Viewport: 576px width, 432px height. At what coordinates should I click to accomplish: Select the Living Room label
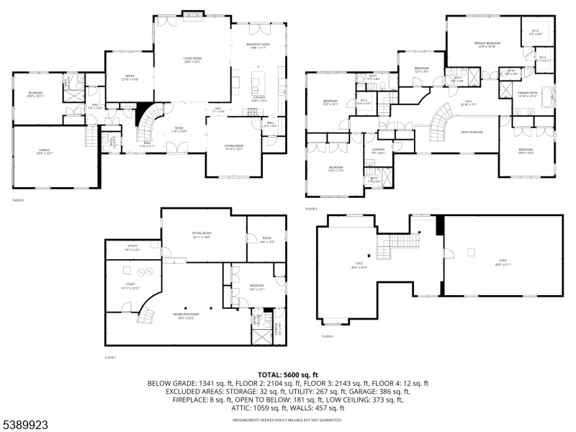click(x=192, y=60)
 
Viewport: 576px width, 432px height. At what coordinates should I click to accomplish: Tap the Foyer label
click(x=178, y=130)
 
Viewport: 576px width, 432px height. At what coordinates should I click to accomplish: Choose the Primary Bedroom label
click(x=487, y=44)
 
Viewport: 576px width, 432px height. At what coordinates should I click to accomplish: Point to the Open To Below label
click(x=472, y=132)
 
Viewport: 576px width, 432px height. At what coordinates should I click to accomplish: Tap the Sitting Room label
click(x=201, y=233)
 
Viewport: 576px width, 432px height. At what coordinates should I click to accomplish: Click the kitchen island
click(x=257, y=78)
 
